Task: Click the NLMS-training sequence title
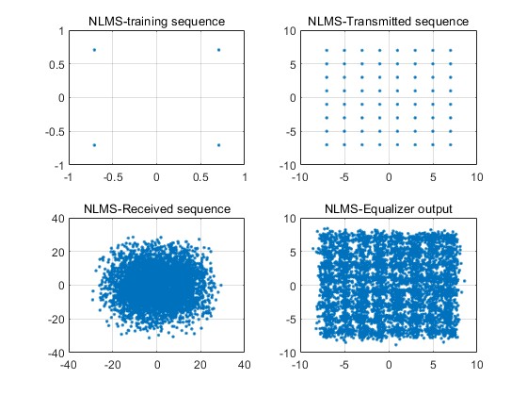[156, 21]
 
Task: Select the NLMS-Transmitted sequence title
[388, 21]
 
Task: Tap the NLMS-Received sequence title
[157, 208]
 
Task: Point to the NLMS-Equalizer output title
[388, 208]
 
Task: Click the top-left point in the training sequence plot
[94, 50]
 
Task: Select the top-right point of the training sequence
[218, 50]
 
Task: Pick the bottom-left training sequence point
[94, 145]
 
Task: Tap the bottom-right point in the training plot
[218, 145]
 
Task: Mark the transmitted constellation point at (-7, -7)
[327, 145]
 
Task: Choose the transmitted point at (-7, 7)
[327, 51]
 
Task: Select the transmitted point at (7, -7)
[451, 145]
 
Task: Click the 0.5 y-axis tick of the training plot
[56, 65]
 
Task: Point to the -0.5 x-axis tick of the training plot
[113, 177]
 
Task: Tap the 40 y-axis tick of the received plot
[57, 218]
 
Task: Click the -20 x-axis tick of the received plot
[113, 364]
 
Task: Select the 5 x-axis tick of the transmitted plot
[433, 177]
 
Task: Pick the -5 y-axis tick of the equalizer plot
[291, 320]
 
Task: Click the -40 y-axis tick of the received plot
[56, 353]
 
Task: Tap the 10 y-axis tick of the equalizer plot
[290, 218]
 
